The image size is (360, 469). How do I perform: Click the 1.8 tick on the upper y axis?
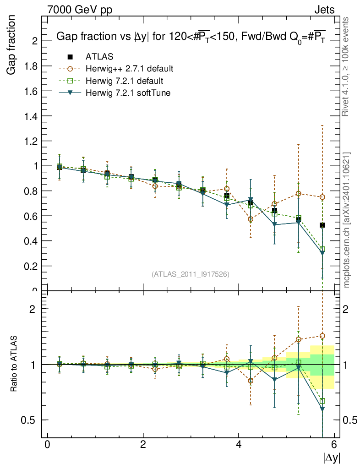31,66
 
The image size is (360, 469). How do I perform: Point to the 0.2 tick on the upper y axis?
31,266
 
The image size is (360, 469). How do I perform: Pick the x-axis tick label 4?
239,445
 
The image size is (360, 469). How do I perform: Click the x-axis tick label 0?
47,445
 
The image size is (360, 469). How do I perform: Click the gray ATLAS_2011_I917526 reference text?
191,274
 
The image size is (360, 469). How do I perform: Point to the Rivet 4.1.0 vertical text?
347,66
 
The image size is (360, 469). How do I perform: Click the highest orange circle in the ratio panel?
322,336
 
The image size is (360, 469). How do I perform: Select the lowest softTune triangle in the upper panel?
322,253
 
